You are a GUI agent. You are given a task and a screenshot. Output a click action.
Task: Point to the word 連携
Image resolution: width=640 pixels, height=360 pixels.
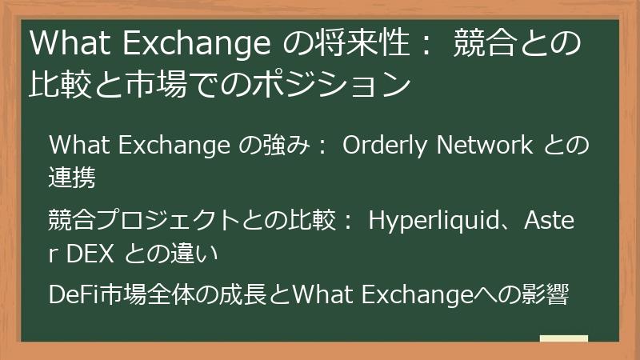pyautogui.click(x=72, y=178)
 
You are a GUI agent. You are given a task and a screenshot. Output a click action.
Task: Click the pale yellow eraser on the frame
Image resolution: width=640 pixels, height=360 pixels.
pyautogui.click(x=563, y=340)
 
